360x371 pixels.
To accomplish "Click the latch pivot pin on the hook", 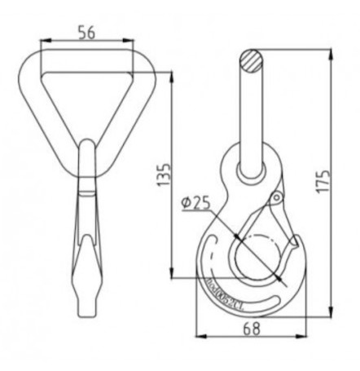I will click(x=276, y=198).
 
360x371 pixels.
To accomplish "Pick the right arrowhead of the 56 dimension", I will click(x=133, y=39).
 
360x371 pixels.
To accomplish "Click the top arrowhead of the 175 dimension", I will click(x=331, y=54).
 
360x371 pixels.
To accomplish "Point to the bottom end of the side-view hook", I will click(x=87, y=313).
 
